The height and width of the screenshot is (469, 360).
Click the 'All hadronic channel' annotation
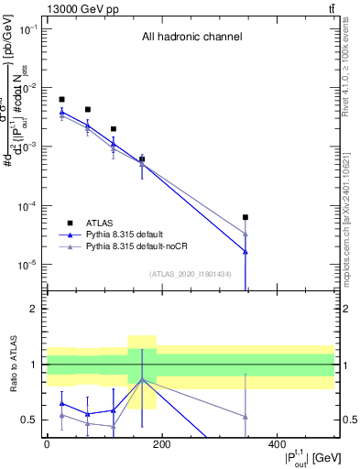pos(191,38)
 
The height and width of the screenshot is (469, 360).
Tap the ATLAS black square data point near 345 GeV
pos(245,217)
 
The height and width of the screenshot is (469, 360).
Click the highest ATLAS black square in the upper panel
pos(61,99)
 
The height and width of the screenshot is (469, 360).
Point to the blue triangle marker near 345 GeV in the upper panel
pos(245,251)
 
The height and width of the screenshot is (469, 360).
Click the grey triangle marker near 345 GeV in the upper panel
pos(245,234)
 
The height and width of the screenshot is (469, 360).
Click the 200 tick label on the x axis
pos(161,444)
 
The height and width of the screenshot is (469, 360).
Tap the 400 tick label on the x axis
pos(277,444)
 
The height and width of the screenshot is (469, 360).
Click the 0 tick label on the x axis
pos(47,444)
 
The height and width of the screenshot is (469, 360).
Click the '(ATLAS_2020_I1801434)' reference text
pos(191,274)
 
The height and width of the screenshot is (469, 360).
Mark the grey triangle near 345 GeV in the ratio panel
pos(245,417)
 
